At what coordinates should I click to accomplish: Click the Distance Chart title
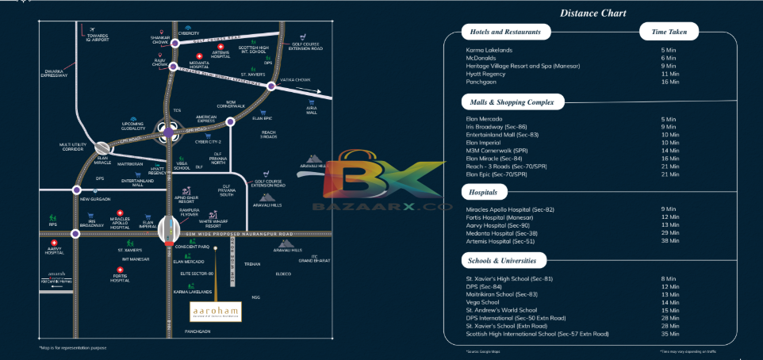pos(592,13)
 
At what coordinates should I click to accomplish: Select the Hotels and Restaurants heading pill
pos(506,33)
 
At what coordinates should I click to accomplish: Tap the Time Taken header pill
pos(669,33)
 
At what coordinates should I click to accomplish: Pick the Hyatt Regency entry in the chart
pos(487,74)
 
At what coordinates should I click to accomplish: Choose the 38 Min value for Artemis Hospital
pos(668,241)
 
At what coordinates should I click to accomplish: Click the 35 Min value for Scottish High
pos(668,334)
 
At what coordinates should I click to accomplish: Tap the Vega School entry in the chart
pos(482,302)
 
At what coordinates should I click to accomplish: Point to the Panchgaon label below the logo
pos(198,330)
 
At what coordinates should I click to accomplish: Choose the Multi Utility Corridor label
pos(71,147)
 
